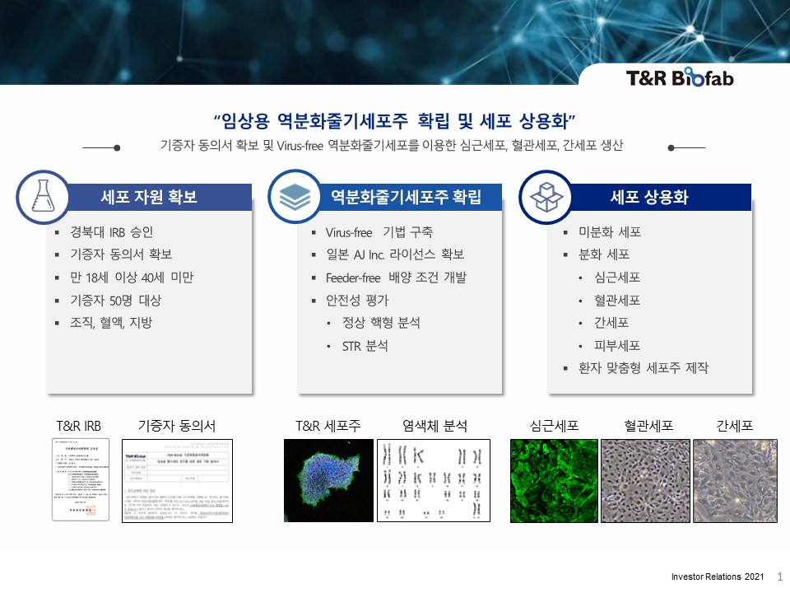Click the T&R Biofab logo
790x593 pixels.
pyautogui.click(x=679, y=78)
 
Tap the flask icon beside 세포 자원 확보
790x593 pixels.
pyautogui.click(x=42, y=197)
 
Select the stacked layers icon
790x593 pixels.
pyautogui.click(x=294, y=197)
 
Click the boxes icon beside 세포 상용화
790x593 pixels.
pyautogui.click(x=545, y=197)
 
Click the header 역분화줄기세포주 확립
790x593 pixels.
pyautogui.click(x=405, y=198)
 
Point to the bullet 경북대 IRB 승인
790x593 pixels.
pyautogui.click(x=112, y=232)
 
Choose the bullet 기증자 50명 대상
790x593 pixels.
pyautogui.click(x=116, y=300)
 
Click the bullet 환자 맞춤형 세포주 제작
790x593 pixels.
pyautogui.click(x=643, y=368)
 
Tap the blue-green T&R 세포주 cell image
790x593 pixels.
pyautogui.click(x=328, y=480)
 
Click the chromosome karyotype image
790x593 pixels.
pyautogui.click(x=434, y=480)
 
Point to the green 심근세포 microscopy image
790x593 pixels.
pyautogui.click(x=554, y=480)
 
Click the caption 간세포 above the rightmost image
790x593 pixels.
pyautogui.click(x=735, y=426)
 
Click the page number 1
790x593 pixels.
pyautogui.click(x=779, y=578)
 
